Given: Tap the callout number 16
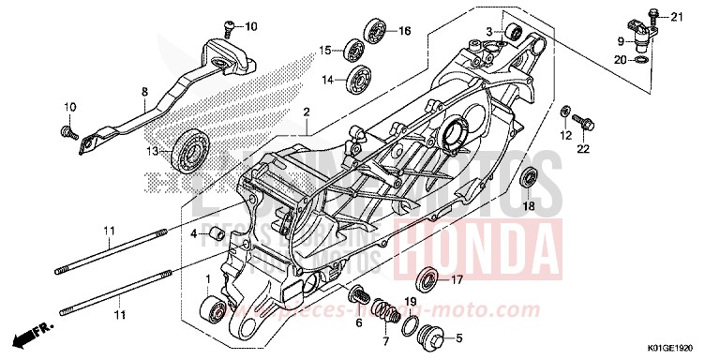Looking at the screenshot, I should (x=405, y=31).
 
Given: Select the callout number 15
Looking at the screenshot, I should (x=324, y=50).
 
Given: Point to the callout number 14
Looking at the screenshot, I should (x=328, y=81).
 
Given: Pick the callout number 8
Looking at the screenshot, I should (x=145, y=92).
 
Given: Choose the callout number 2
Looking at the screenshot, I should (x=306, y=112).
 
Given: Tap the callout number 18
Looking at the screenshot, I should (x=529, y=205).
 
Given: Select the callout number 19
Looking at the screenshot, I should (x=410, y=301).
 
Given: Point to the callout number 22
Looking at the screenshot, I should (x=581, y=149).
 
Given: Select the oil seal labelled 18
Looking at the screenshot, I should (x=529, y=176).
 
